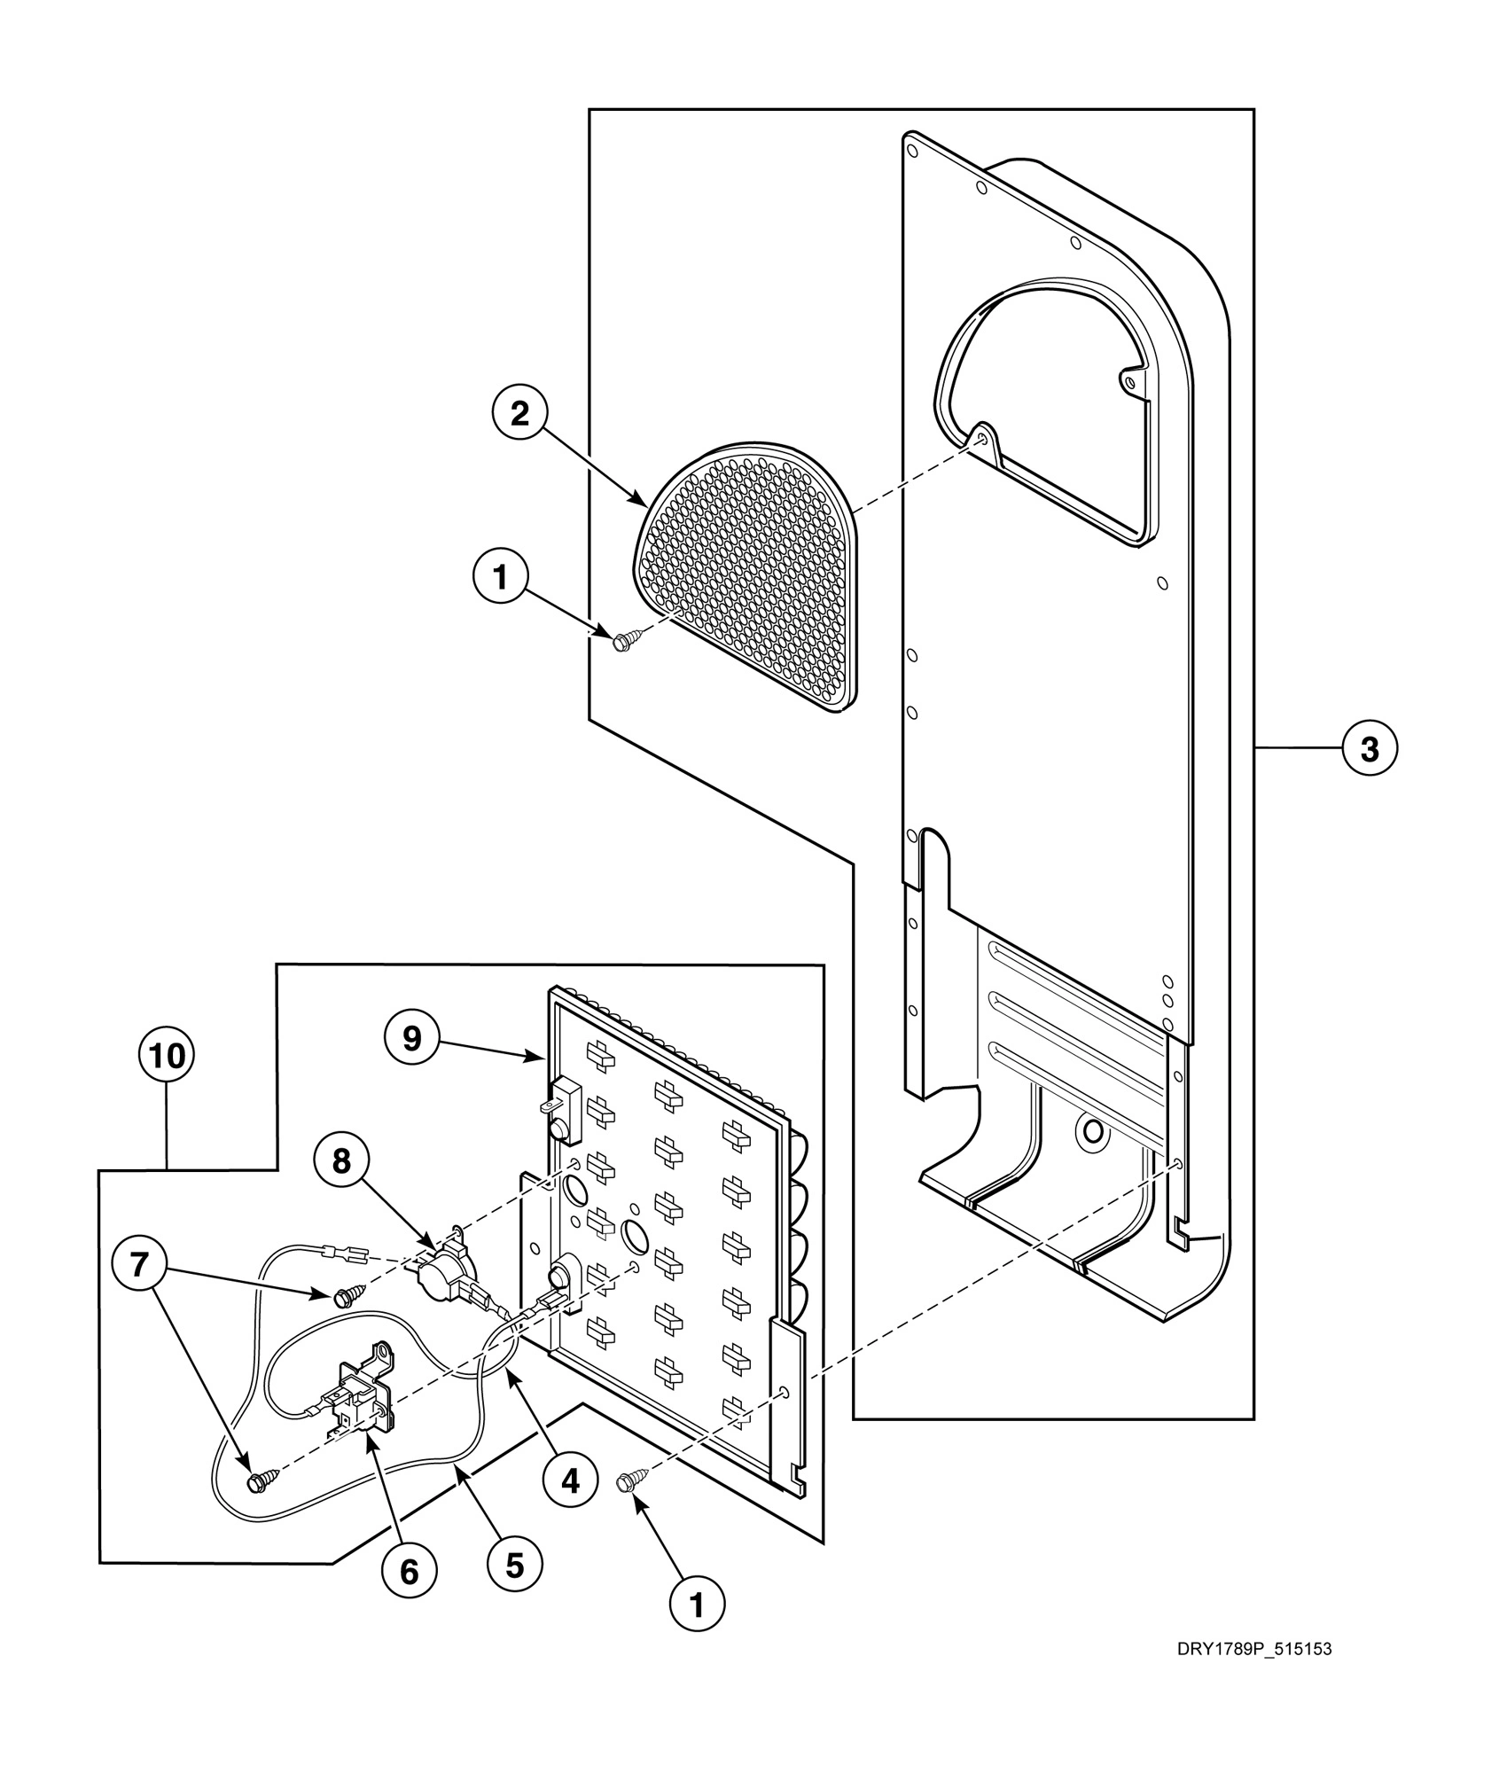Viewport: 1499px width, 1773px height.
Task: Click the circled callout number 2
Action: (519, 414)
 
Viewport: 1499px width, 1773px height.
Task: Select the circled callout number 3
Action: (1369, 749)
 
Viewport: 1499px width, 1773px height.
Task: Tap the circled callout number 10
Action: (167, 1055)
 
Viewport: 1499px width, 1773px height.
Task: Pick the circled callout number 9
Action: (412, 1038)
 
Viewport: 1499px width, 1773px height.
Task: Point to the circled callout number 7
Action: (139, 1264)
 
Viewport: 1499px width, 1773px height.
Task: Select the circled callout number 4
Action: (569, 1480)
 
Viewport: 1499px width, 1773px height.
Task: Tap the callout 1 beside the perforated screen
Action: (501, 578)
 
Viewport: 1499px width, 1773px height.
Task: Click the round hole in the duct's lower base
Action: (1092, 1131)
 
